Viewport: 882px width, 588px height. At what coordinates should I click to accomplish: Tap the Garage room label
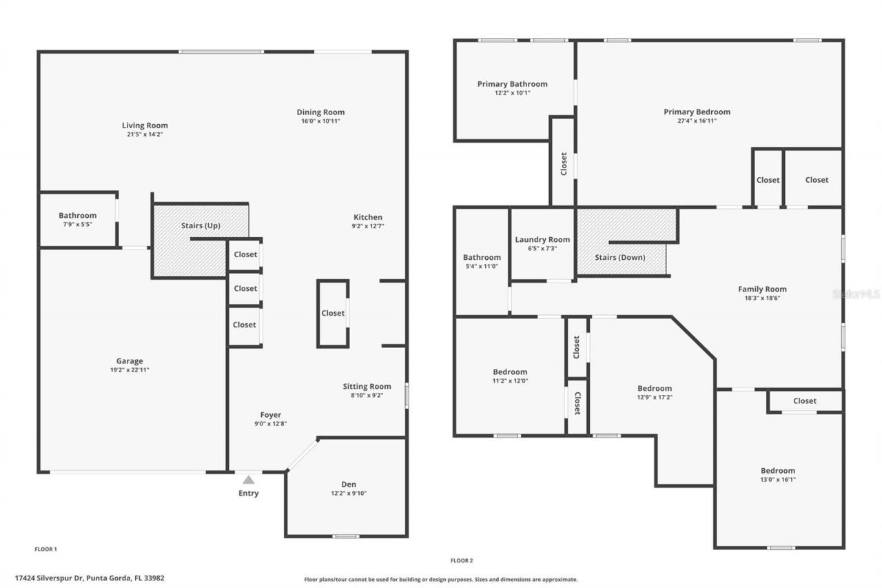coord(130,361)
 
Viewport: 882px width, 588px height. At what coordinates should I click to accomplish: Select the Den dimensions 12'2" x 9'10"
coord(348,494)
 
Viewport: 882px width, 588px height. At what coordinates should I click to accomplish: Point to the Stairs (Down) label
coord(620,257)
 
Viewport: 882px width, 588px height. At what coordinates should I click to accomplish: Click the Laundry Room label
coord(542,240)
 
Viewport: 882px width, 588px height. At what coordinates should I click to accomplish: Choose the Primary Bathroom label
coord(512,84)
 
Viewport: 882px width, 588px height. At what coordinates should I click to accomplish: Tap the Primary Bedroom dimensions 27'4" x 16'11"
coord(697,121)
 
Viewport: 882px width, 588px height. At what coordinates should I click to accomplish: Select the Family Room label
coord(762,290)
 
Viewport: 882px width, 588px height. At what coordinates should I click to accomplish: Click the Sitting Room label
coord(367,387)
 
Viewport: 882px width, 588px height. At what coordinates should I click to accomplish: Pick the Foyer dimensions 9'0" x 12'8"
coord(270,424)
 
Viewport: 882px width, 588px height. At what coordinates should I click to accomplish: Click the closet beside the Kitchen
coord(333,313)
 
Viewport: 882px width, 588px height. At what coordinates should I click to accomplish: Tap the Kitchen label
coord(367,217)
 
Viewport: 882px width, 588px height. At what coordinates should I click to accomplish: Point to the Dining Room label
coord(320,112)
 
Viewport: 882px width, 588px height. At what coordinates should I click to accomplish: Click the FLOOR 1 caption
coord(45,549)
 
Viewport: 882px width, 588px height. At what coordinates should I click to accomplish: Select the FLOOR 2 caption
coord(462,560)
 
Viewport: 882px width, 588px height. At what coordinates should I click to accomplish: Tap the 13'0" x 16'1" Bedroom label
coord(777,471)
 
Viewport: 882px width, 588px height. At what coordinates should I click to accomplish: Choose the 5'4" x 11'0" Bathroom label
coord(482,258)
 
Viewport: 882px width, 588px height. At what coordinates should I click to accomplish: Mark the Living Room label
coord(145,125)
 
